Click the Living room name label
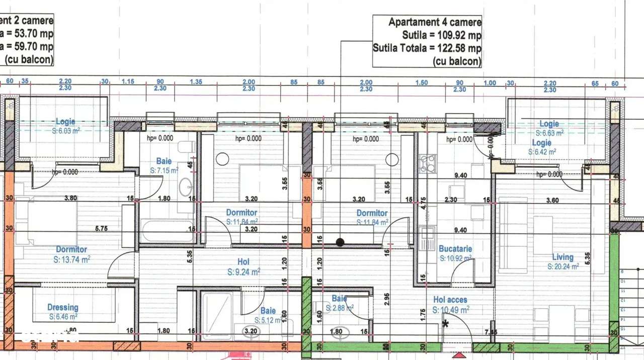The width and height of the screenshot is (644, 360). [x=562, y=257]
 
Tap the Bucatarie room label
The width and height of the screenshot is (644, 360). [x=455, y=248]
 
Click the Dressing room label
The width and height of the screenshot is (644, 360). [x=63, y=307]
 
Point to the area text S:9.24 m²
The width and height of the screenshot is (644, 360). [x=243, y=272]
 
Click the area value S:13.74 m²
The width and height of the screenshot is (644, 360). [x=72, y=259]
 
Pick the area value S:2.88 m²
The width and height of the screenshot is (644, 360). [x=340, y=308]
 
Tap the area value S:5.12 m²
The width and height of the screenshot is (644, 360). [x=268, y=320]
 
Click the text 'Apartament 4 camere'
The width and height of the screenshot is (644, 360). [x=435, y=22]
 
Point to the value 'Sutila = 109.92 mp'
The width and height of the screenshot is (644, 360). [x=441, y=35]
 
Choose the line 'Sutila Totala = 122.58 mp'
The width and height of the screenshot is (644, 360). [x=427, y=48]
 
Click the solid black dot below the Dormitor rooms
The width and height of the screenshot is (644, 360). [x=340, y=242]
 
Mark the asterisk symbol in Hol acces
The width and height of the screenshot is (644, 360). [x=445, y=324]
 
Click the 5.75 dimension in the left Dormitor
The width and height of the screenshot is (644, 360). [x=102, y=228]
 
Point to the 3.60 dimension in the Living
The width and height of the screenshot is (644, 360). [x=552, y=200]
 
